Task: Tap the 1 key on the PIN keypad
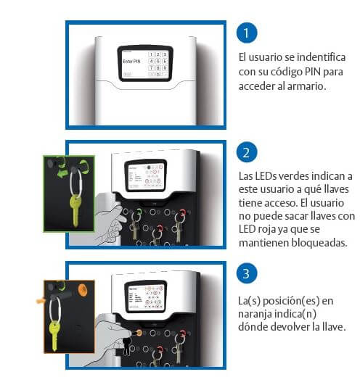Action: (152, 54)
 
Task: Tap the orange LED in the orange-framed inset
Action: (81, 290)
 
